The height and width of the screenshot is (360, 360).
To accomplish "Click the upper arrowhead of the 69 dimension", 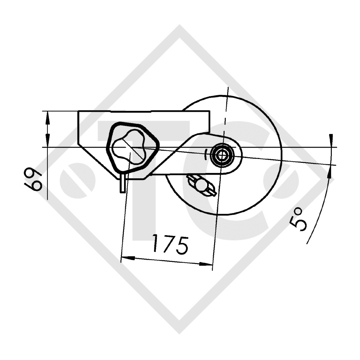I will coord(47,116).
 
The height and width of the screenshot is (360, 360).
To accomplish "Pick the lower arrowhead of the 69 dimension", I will coord(47,142).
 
